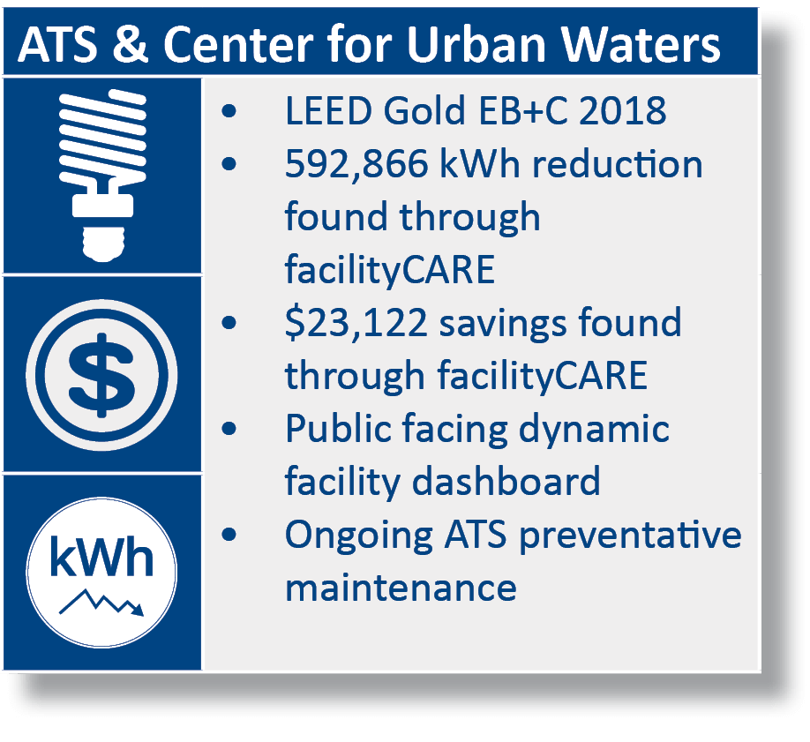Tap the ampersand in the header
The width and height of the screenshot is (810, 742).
coord(131,44)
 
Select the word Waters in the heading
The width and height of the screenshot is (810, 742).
coord(641,44)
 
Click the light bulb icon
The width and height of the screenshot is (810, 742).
coord(103,176)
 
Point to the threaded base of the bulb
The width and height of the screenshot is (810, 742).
coord(103,243)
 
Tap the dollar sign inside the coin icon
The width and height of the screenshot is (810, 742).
coord(101,375)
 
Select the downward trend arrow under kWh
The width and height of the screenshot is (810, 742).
coord(101,602)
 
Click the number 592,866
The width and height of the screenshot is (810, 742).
coord(356,164)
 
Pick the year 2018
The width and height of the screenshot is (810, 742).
coord(622,110)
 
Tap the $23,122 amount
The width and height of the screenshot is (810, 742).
coord(356,323)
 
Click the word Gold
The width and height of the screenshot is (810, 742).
coord(424,110)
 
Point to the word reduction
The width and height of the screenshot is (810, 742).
coord(618,164)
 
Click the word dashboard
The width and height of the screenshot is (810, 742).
coord(506,481)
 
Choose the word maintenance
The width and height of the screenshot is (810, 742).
coord(401,588)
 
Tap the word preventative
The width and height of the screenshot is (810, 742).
coord(630,536)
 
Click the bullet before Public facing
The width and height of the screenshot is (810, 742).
coord(229,429)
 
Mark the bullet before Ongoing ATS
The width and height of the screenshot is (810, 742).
coord(229,535)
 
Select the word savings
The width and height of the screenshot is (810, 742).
coord(503,324)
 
